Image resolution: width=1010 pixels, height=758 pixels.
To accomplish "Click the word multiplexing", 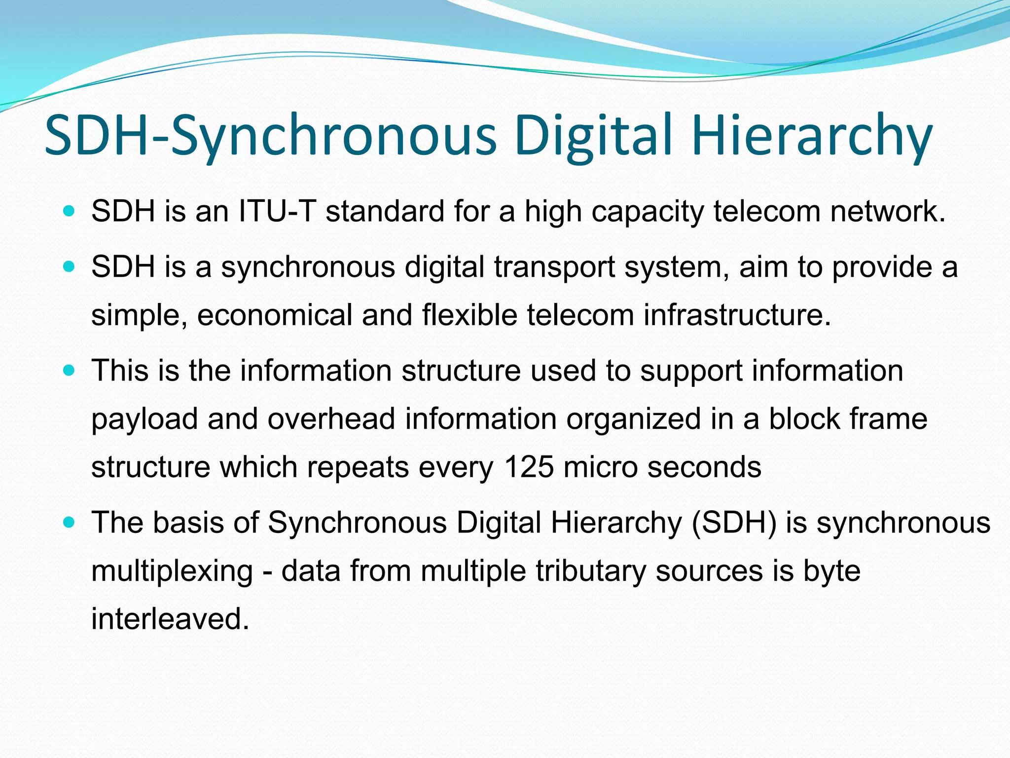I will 172,571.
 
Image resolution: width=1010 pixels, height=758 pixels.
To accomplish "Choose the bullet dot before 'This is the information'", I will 69,370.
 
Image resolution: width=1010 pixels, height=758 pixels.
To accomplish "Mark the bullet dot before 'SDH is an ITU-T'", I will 69,211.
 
